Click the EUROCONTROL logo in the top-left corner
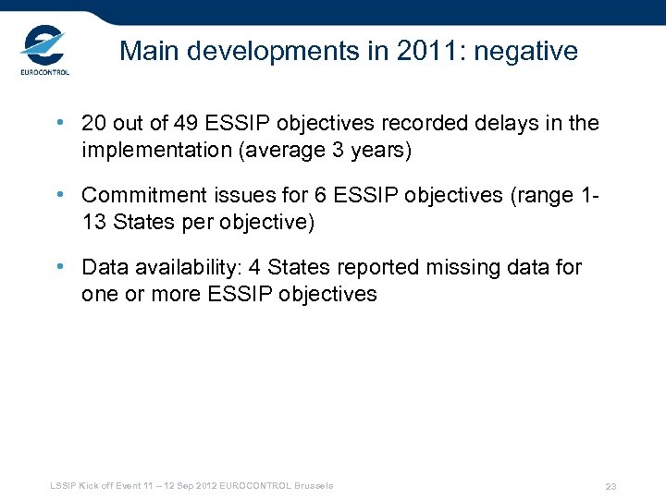(x=43, y=52)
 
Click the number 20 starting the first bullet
(x=94, y=124)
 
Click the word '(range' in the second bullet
(x=539, y=196)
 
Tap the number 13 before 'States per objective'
(x=94, y=222)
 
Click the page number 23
(x=610, y=487)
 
